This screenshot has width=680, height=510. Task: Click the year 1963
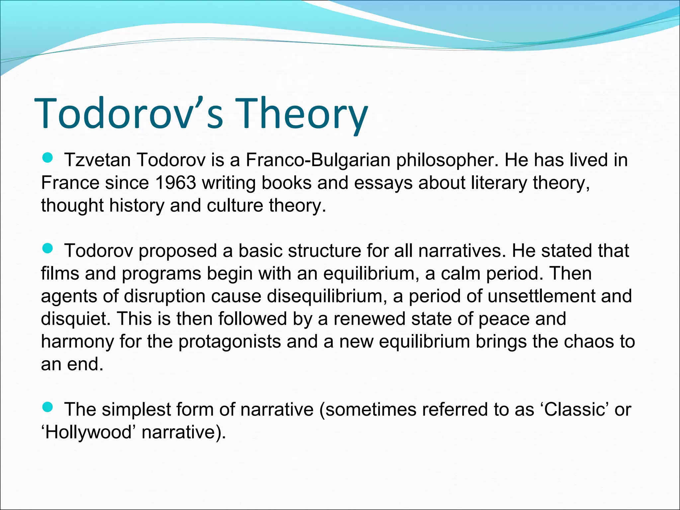click(x=176, y=183)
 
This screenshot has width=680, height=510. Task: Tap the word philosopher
click(x=447, y=161)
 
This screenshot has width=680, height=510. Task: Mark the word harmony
click(x=77, y=342)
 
